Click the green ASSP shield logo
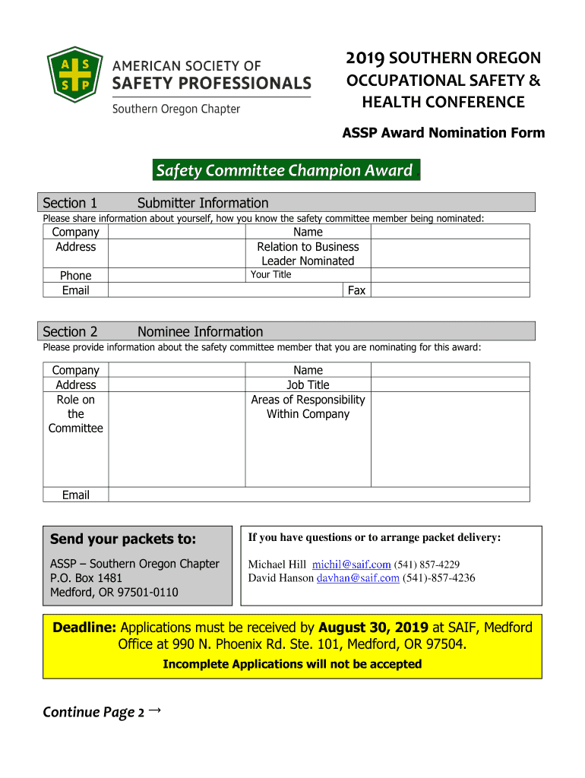pos(74,74)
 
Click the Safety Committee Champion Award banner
pos(284,170)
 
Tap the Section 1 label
pos(70,203)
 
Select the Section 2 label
pos(70,331)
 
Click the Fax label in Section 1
pos(356,290)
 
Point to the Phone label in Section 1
pos(76,276)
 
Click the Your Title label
pos(271,274)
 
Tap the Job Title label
pos(308,385)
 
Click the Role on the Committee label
pos(76,414)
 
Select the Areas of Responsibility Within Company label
pos(308,406)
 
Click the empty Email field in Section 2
pos(319,495)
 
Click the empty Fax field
pos(450,290)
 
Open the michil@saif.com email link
pos(351,565)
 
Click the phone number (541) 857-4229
pos(426,565)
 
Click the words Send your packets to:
pos(123,539)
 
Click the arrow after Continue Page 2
pos(155,710)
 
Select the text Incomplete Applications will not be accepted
pos(292,664)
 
